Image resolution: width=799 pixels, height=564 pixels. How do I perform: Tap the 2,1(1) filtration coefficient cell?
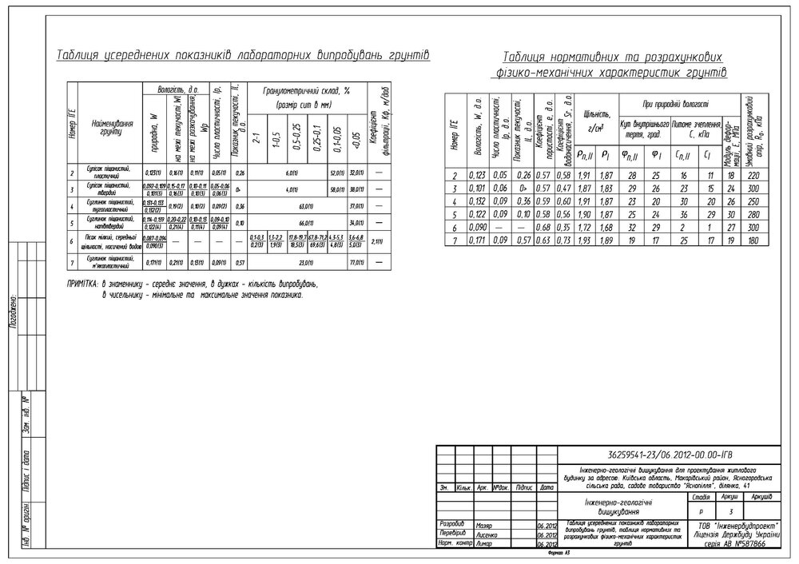tap(380, 240)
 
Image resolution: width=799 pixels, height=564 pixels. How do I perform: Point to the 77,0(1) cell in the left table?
tap(357, 262)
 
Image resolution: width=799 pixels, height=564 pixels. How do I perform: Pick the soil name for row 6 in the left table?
tap(109, 240)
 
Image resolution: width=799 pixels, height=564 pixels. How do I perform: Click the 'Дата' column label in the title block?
tap(547, 487)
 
